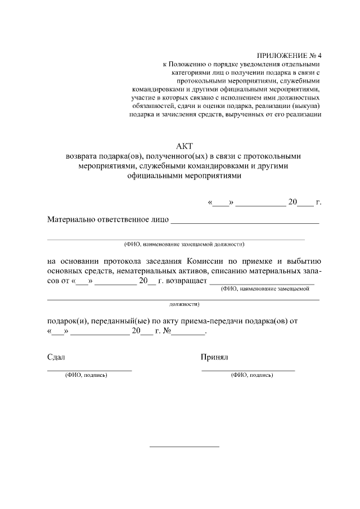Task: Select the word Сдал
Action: coord(56,357)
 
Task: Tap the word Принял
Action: coord(214,357)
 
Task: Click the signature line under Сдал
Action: coord(89,370)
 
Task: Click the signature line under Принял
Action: coord(248,370)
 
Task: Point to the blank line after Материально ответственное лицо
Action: coord(245,223)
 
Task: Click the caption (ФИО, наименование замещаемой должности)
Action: coord(184,244)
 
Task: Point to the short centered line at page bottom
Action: coord(184,447)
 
